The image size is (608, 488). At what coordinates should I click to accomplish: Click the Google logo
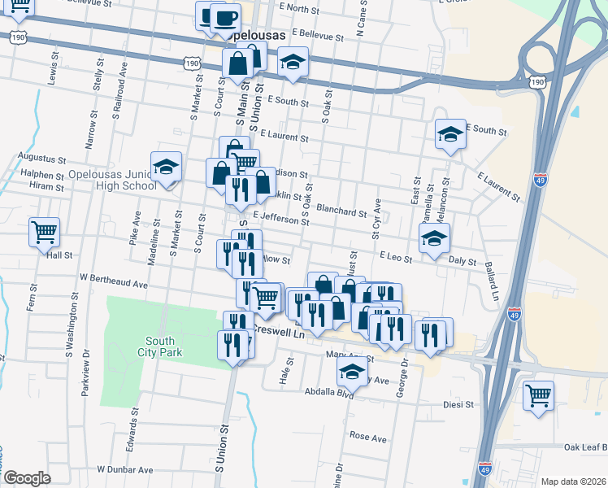tap(27, 477)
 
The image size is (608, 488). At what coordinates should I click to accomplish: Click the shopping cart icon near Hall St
tap(45, 231)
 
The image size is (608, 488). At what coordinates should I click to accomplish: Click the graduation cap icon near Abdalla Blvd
tap(352, 373)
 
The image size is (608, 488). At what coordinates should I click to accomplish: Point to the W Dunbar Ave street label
tap(125, 470)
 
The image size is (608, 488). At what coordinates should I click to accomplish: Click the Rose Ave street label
tap(367, 438)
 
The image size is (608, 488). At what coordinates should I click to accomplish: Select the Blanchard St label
tap(341, 211)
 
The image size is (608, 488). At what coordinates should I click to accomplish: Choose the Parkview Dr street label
tap(85, 373)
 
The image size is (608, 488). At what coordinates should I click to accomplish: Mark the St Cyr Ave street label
tap(376, 218)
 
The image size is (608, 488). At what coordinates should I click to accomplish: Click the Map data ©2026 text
tap(573, 481)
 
